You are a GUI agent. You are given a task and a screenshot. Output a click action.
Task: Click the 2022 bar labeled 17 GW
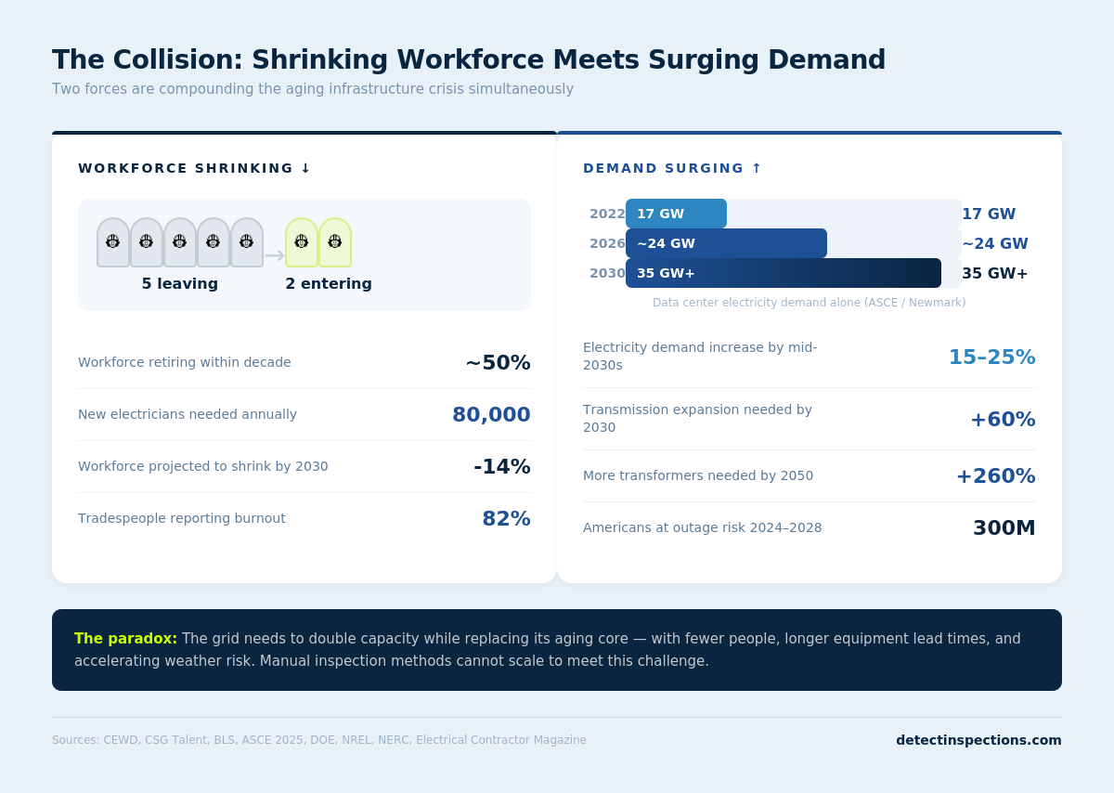(676, 214)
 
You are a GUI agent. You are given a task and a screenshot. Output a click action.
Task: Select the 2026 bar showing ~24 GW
(726, 243)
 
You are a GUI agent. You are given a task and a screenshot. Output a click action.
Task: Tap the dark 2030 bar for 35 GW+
(783, 273)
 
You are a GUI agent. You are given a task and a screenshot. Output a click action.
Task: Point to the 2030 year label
(607, 273)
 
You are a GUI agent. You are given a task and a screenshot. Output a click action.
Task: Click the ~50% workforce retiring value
(498, 363)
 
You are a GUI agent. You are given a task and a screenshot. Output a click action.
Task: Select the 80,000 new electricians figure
(491, 415)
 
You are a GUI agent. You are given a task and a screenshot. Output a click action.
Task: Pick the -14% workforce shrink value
(501, 467)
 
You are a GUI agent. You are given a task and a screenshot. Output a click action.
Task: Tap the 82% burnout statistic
(506, 519)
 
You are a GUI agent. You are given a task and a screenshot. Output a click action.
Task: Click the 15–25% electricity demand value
(991, 357)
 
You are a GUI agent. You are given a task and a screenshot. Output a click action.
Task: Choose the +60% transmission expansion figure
(1003, 420)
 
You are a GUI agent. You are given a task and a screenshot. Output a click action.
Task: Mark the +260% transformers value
(995, 476)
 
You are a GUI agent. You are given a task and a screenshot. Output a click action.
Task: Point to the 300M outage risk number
(1004, 528)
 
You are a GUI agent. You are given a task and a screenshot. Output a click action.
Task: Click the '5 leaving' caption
(180, 284)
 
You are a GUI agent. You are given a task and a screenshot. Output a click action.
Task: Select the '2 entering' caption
(329, 284)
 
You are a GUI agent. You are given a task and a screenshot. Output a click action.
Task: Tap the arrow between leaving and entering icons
(274, 255)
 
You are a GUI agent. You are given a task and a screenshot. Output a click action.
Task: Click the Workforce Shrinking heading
(194, 168)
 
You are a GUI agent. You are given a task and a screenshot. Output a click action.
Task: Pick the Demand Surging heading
(672, 168)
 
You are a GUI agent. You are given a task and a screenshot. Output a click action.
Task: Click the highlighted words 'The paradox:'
(125, 639)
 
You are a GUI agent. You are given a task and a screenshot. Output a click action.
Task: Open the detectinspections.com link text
(978, 740)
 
